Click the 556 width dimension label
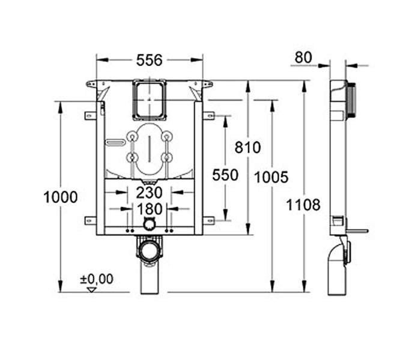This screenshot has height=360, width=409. tap(150, 60)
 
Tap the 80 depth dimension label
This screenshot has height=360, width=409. tap(303, 58)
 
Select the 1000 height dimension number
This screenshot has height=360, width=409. tap(61, 197)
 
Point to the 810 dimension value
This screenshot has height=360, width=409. tap(248, 147)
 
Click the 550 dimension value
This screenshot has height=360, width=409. tap(225, 175)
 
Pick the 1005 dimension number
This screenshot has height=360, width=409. tap(271, 178)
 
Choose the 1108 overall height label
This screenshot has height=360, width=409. tap(303, 205)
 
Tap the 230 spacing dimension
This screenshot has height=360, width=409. tap(149, 193)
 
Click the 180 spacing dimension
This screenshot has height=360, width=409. tap(150, 209)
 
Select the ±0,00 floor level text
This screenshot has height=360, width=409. tap(97, 279)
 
